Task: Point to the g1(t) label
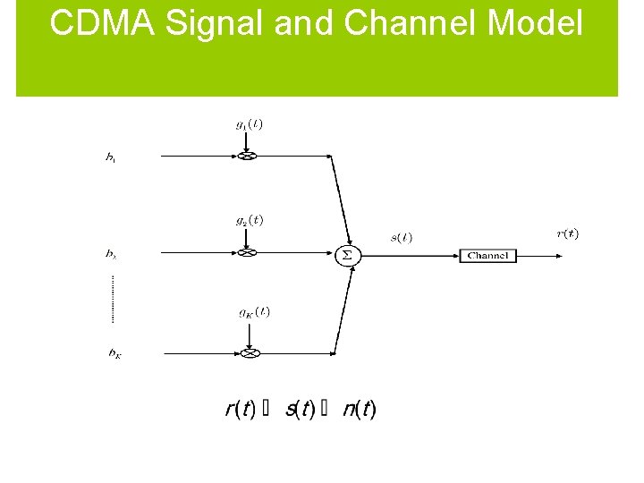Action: click(x=249, y=124)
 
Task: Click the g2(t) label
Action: click(x=249, y=220)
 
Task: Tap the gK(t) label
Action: click(x=254, y=312)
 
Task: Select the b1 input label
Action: click(x=110, y=158)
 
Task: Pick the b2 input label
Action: click(x=111, y=254)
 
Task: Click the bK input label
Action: click(x=114, y=354)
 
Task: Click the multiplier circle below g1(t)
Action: click(x=248, y=156)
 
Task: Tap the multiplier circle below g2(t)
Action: click(x=248, y=253)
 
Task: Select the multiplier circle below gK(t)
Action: click(x=250, y=352)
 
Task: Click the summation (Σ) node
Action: click(x=347, y=255)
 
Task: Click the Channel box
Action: click(x=487, y=256)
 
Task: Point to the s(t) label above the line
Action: click(x=401, y=237)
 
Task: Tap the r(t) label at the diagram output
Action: click(x=567, y=234)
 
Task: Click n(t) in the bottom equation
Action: click(x=360, y=410)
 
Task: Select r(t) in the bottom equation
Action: click(x=241, y=410)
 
